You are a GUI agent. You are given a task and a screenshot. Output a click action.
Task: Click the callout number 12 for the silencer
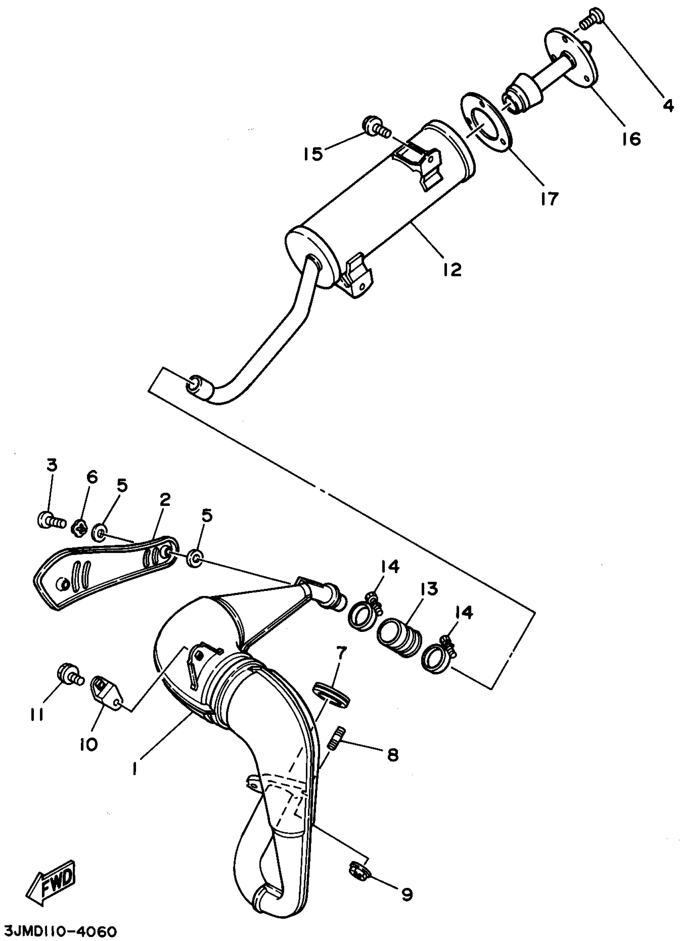tap(452, 270)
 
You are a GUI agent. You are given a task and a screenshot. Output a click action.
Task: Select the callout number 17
tap(549, 199)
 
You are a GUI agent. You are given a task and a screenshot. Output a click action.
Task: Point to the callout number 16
tap(631, 139)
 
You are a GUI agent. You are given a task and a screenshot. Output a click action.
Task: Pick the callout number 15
tap(312, 154)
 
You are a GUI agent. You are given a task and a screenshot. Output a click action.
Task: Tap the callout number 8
tap(391, 755)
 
